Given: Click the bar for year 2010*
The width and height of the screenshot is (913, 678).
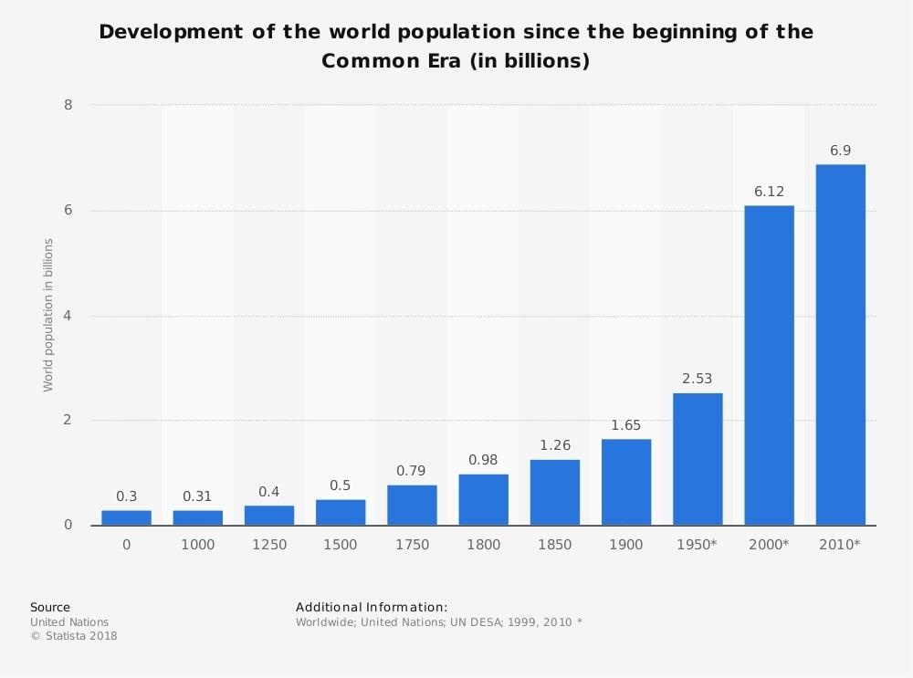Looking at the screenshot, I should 840,345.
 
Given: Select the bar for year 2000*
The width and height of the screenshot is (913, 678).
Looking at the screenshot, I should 769,365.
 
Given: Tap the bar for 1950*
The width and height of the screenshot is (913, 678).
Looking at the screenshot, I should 698,459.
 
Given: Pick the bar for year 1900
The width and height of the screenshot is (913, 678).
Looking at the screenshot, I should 626,482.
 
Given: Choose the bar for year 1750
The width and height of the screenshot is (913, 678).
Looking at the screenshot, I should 412,505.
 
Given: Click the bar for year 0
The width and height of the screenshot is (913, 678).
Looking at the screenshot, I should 126,517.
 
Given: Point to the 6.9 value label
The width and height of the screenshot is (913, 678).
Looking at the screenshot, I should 840,151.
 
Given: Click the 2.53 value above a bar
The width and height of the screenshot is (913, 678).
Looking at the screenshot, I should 698,379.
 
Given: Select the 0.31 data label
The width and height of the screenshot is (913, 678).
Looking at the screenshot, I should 197,496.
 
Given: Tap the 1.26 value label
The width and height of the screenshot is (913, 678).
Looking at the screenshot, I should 554,445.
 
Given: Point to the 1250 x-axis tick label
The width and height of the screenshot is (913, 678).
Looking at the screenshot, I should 268,545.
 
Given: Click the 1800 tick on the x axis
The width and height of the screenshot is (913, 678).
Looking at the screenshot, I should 483,545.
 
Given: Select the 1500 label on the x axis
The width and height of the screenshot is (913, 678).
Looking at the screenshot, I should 341,545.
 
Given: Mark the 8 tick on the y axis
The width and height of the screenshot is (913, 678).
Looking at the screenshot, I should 68,105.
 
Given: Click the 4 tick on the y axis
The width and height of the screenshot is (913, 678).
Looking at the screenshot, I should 68,316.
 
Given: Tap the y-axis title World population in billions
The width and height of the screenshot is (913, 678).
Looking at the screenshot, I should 48,315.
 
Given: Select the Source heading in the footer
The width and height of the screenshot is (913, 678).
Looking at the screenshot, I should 50,607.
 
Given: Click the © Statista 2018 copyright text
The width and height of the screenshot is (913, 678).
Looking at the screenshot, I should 74,636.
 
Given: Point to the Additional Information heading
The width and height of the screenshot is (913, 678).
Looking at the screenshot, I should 372,607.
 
